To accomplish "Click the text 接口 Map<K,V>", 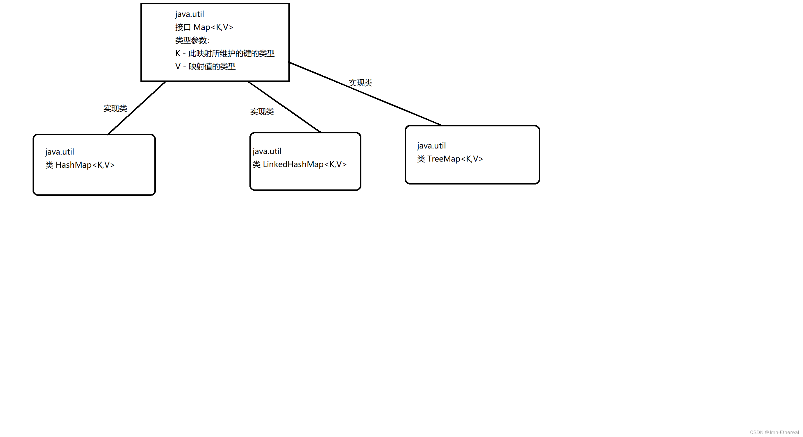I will pos(204,27).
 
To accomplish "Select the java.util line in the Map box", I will pos(189,14).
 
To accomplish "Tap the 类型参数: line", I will pos(192,40).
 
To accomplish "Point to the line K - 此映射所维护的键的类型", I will pos(225,53).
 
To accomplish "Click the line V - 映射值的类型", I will pos(206,67).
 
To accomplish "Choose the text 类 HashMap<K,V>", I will pos(80,165).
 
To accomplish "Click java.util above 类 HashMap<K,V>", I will pos(60,152).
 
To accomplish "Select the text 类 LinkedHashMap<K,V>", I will pos(299,164).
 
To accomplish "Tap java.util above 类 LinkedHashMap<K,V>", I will pos(267,151).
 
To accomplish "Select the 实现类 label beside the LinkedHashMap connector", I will pos(262,112).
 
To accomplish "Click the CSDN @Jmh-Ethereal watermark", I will pos(774,432).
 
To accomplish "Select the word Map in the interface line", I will pos(202,27).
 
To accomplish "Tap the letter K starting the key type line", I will pos(178,53).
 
